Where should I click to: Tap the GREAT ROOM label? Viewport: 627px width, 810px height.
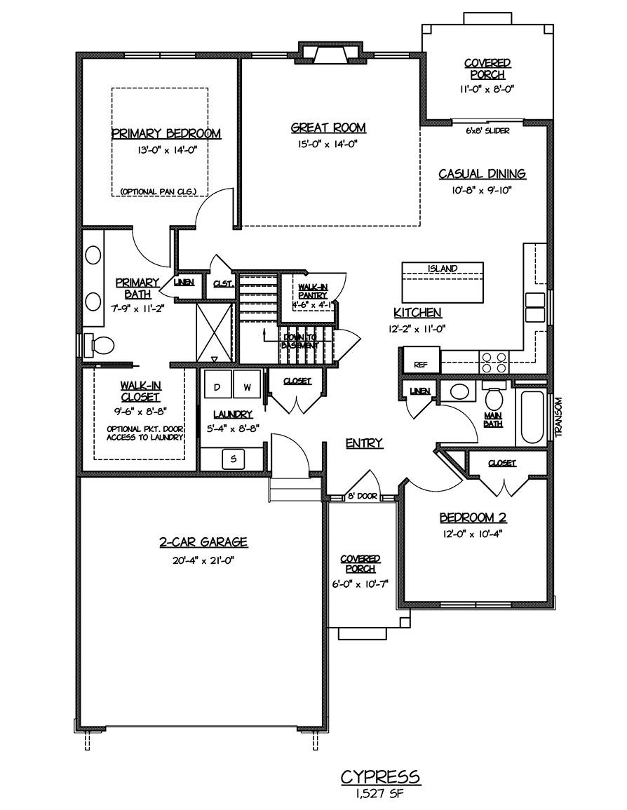(328, 128)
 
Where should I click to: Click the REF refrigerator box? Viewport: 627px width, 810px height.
(420, 364)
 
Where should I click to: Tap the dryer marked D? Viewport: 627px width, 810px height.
(217, 387)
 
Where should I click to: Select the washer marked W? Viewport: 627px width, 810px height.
(246, 387)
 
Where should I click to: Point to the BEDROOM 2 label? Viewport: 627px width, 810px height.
(473, 518)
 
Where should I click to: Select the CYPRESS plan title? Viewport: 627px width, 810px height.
(380, 776)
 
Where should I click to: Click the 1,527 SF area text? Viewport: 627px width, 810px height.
(380, 795)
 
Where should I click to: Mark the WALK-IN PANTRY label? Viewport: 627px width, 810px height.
(309, 291)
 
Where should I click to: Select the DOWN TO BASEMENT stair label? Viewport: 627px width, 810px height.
(300, 342)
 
